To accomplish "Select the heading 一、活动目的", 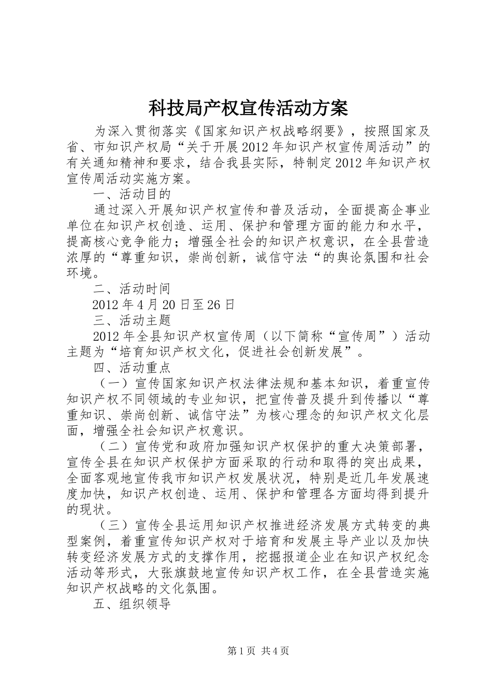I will pyautogui.click(x=132, y=194).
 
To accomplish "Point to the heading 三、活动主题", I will pyautogui.click(x=132, y=320).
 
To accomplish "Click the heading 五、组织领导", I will pyautogui.click(x=132, y=604).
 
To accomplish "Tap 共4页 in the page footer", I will pyautogui.click(x=275, y=651).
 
